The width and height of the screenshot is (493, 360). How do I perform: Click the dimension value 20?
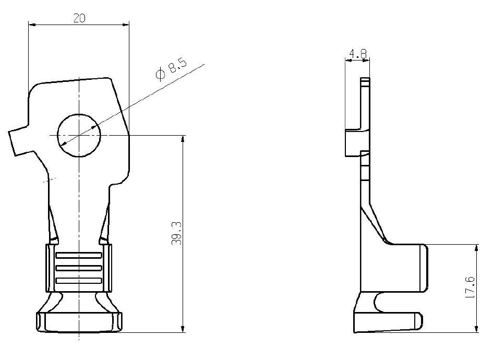click(x=79, y=18)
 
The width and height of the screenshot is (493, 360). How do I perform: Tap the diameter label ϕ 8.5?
click(x=171, y=69)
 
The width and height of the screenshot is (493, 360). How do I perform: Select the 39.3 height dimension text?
click(x=176, y=233)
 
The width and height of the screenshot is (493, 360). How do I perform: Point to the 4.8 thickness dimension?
click(x=358, y=54)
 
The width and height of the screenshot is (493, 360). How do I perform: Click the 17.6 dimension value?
click(x=470, y=287)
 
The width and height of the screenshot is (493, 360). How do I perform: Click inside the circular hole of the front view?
click(x=79, y=136)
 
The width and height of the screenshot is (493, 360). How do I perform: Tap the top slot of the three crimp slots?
click(x=79, y=255)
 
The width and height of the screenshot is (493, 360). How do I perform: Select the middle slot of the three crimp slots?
click(x=79, y=268)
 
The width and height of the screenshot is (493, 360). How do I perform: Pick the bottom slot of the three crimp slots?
click(x=79, y=281)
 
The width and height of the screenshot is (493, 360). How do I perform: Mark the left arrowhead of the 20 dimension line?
click(x=32, y=24)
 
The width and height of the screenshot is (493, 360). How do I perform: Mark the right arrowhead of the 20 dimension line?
click(x=125, y=24)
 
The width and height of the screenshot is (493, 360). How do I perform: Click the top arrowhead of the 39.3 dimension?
click(x=183, y=139)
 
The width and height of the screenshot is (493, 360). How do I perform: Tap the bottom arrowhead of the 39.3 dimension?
click(x=183, y=328)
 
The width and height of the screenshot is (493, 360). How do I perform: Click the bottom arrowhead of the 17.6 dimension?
click(x=477, y=328)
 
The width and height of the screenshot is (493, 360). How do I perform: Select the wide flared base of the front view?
click(x=79, y=322)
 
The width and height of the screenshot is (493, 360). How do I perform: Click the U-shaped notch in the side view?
click(x=380, y=303)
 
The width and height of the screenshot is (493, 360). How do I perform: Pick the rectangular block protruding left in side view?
click(x=353, y=142)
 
